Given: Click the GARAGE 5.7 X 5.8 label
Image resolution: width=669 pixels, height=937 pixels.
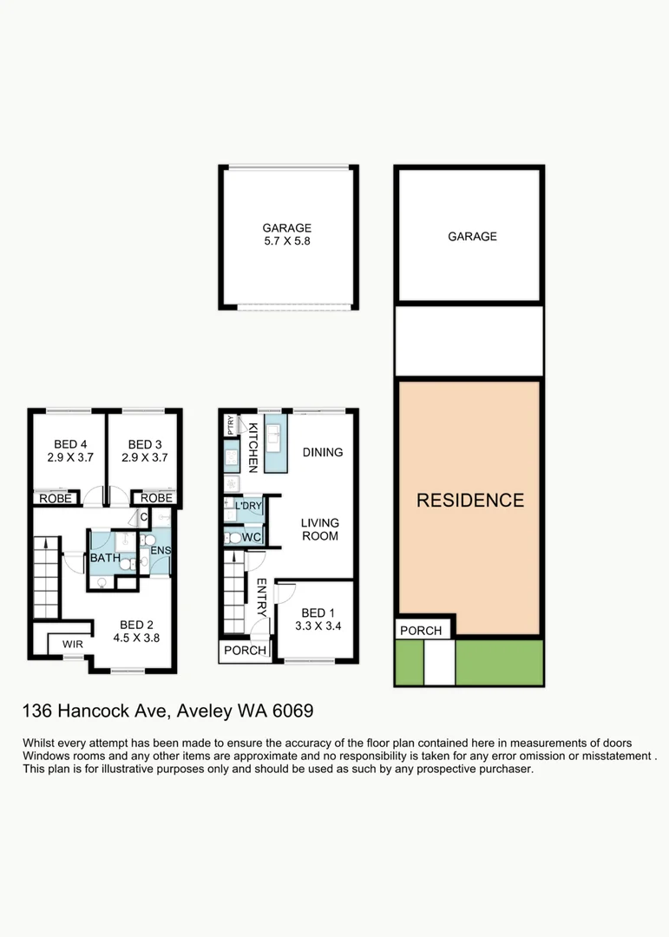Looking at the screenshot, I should tap(286, 235).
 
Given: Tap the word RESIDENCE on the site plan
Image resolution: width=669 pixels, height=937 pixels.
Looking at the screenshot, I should tap(470, 501).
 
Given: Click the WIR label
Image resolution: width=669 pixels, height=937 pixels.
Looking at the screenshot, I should tap(72, 645).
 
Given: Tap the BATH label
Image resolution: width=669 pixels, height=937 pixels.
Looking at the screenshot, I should tap(105, 559).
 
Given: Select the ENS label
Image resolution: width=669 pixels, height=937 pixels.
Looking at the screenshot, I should tap(161, 551).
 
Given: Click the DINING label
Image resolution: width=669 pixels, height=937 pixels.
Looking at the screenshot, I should tap(322, 452).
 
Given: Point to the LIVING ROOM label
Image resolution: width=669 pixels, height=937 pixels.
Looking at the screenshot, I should tap(319, 529).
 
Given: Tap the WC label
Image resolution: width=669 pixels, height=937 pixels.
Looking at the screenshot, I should tap(252, 538).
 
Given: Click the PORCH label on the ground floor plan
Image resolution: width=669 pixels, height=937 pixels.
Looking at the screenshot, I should tap(245, 651).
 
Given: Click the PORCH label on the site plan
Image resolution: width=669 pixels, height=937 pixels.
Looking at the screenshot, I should tap(421, 631).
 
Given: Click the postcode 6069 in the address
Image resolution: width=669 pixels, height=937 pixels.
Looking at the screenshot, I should tap(292, 711).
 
